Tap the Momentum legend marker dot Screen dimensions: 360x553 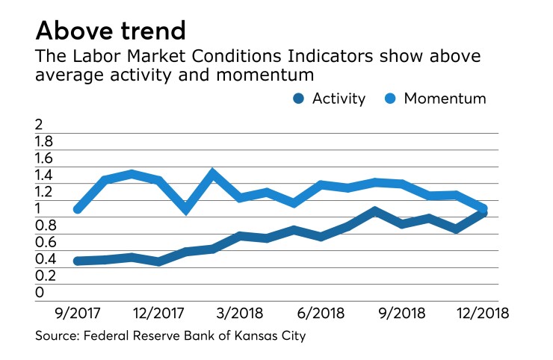click(390, 98)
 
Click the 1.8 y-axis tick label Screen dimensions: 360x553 click(45, 141)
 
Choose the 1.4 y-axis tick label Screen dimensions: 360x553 click(45, 175)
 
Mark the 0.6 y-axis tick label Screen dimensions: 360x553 click(45, 242)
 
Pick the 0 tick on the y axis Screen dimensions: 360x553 click(40, 292)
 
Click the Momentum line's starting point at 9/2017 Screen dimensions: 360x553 click(77, 209)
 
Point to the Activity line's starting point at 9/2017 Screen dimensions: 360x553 click(77, 261)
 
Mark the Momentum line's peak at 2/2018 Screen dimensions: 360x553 click(213, 173)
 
